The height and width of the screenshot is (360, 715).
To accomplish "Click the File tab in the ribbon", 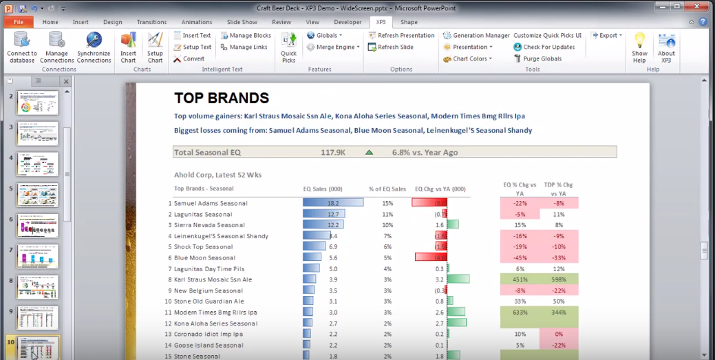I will (x=19, y=22).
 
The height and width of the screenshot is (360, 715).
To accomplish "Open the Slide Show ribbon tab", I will (x=242, y=22).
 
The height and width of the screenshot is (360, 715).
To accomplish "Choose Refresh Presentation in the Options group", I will (x=401, y=35).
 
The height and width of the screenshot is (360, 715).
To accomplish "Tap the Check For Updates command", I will (x=544, y=47).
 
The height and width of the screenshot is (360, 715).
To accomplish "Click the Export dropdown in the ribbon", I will (x=606, y=35).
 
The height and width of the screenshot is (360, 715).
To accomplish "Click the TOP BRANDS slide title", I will (x=221, y=98).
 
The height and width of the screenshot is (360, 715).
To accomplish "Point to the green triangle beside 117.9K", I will (x=369, y=152).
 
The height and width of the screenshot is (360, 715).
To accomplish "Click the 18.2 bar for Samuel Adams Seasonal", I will (x=333, y=203).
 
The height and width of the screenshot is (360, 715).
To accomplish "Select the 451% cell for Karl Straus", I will (x=520, y=279).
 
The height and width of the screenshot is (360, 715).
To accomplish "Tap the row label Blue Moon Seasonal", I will (x=204, y=257).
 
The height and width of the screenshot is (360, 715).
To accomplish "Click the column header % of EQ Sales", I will (x=387, y=188).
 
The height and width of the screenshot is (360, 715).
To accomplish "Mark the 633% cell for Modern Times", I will (x=520, y=313).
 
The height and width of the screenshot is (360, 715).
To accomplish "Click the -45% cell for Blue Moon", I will (x=520, y=257).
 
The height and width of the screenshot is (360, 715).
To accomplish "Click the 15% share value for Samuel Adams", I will (x=387, y=203).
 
